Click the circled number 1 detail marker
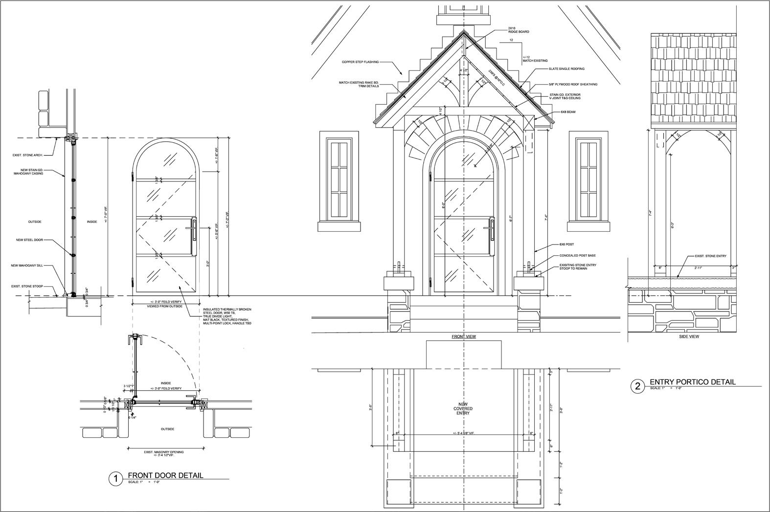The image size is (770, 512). [115, 479]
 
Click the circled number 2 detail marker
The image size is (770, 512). [637, 386]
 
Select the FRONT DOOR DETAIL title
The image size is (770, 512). [165, 475]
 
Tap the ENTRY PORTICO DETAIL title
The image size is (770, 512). [692, 382]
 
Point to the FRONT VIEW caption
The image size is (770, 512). [463, 336]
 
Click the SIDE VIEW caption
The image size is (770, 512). [689, 336]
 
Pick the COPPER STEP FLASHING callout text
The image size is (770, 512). [360, 62]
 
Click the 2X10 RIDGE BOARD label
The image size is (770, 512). [518, 30]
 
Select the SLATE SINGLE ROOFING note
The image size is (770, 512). [567, 69]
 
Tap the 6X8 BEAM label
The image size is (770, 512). [568, 112]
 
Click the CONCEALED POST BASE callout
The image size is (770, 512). [577, 256]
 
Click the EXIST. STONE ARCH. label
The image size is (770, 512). [27, 156]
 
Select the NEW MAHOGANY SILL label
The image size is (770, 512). [27, 266]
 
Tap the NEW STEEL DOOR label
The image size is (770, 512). [29, 240]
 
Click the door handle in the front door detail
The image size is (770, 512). [194, 230]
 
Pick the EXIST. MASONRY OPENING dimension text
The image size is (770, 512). [163, 453]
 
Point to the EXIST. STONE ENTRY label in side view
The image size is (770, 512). [710, 256]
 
